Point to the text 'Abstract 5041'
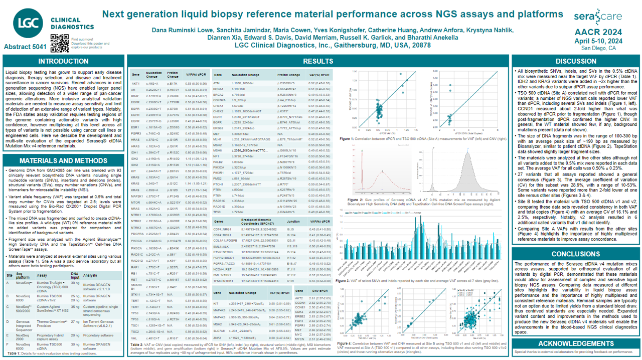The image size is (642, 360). (x=25, y=47)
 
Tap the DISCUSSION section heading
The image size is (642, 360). (x=576, y=62)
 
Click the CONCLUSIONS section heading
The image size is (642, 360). (x=576, y=254)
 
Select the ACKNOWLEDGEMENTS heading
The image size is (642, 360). (x=576, y=343)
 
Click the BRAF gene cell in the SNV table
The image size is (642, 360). (x=135, y=95)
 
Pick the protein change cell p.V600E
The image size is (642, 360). (x=174, y=95)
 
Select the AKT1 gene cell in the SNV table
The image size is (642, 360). (x=135, y=83)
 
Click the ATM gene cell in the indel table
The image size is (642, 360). (x=216, y=83)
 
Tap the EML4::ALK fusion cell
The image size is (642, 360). (x=219, y=246)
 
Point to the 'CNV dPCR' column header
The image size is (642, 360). (x=320, y=291)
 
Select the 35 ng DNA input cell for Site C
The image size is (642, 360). (x=75, y=308)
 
